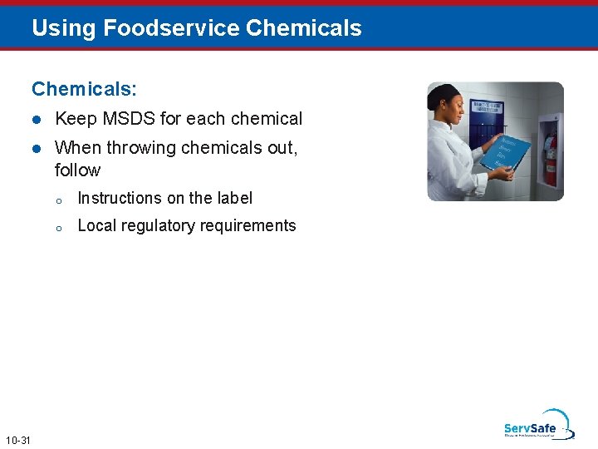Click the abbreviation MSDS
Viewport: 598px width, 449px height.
click(x=129, y=119)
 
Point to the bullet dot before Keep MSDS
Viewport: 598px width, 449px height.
click(x=36, y=120)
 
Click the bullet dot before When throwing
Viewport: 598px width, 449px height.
click(x=36, y=149)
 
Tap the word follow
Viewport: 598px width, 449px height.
click(x=77, y=170)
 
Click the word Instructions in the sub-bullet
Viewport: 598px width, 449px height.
click(x=119, y=199)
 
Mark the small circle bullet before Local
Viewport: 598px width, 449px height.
click(x=59, y=227)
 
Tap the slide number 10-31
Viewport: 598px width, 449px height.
click(x=17, y=439)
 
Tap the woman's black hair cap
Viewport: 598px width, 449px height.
click(x=443, y=96)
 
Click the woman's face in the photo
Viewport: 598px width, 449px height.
click(x=453, y=109)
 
